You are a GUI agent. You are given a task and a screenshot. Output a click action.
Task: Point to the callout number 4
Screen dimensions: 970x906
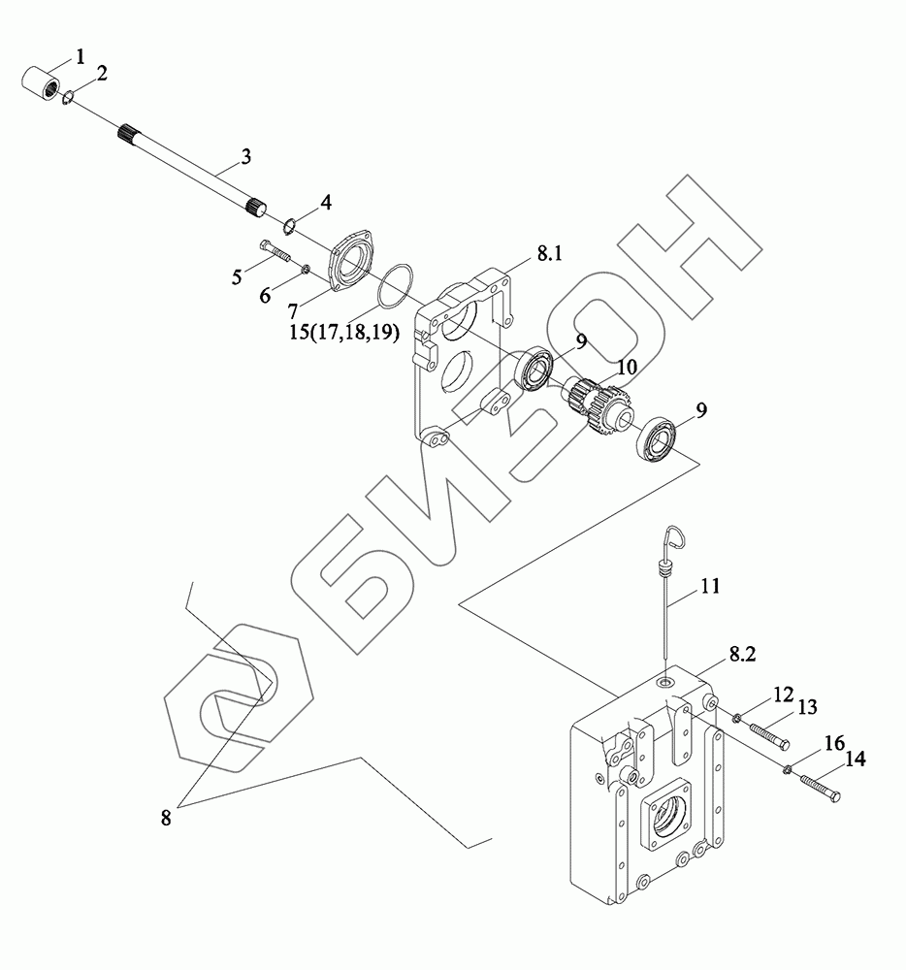coord(325,203)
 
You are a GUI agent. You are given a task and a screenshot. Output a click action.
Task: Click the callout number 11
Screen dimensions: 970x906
coord(711,586)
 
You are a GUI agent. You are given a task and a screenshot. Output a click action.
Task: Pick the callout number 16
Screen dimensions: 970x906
coord(833,743)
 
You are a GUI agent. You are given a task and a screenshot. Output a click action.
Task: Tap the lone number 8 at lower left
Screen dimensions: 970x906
coord(166,818)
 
